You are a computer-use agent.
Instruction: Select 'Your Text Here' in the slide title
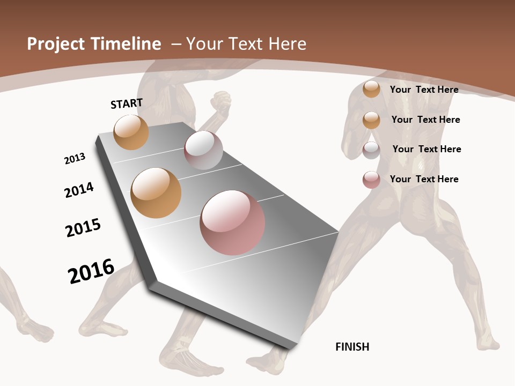tap(246, 44)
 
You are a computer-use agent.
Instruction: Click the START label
tap(127, 103)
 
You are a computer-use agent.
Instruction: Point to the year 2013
tap(75, 159)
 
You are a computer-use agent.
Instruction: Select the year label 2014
tap(79, 190)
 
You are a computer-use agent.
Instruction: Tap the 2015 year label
tap(83, 228)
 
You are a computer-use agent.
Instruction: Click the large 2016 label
tap(91, 271)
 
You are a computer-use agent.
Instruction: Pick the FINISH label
tap(352, 347)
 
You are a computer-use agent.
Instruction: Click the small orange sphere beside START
tap(131, 132)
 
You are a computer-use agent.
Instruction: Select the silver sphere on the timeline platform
tap(203, 150)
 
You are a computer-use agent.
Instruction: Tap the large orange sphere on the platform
tap(156, 193)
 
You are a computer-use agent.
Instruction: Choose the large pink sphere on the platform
tap(232, 222)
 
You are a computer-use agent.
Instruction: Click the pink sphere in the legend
tap(371, 180)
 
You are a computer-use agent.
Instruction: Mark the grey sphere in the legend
tap(371, 150)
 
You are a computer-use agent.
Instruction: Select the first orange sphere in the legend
tap(371, 89)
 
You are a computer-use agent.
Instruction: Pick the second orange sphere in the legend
tap(371, 120)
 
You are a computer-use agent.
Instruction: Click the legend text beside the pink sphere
tap(424, 179)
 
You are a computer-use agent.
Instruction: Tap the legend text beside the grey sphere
tap(426, 149)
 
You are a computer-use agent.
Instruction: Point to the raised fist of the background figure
tap(220, 100)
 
